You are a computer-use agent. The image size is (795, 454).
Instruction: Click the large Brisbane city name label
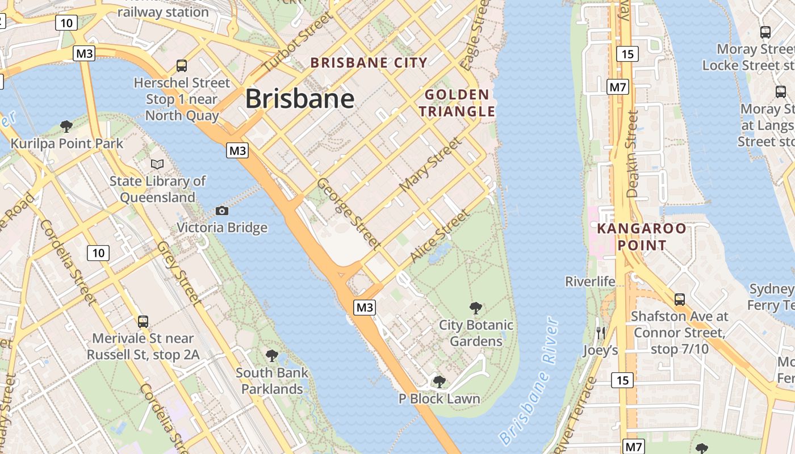pyautogui.click(x=300, y=99)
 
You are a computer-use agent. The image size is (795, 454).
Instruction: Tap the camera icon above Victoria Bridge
pyautogui.click(x=222, y=211)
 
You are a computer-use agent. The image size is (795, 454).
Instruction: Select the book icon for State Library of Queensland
pyautogui.click(x=157, y=164)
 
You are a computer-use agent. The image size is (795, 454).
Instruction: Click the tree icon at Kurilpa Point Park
pyautogui.click(x=66, y=126)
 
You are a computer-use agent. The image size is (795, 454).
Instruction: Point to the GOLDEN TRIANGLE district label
pyautogui.click(x=457, y=103)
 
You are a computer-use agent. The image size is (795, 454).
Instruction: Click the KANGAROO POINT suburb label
pyautogui.click(x=641, y=237)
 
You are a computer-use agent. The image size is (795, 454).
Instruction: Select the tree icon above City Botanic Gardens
pyautogui.click(x=476, y=308)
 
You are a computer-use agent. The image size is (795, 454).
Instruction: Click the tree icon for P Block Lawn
pyautogui.click(x=439, y=381)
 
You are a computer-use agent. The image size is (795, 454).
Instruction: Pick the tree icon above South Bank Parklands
pyautogui.click(x=272, y=356)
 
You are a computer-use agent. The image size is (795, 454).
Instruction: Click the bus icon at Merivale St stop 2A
pyautogui.click(x=143, y=322)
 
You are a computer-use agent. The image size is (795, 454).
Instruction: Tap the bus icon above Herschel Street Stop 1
pyautogui.click(x=182, y=66)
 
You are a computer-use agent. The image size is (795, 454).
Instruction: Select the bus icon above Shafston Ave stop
pyautogui.click(x=679, y=299)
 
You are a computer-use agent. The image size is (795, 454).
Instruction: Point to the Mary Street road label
pyautogui.click(x=430, y=165)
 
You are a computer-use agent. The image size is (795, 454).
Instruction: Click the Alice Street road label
pyautogui.click(x=440, y=236)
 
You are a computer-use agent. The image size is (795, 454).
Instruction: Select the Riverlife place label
pyautogui.click(x=590, y=281)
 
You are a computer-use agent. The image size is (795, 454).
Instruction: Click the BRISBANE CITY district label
pyautogui.click(x=369, y=63)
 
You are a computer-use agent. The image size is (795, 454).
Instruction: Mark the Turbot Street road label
pyautogui.click(x=296, y=43)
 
